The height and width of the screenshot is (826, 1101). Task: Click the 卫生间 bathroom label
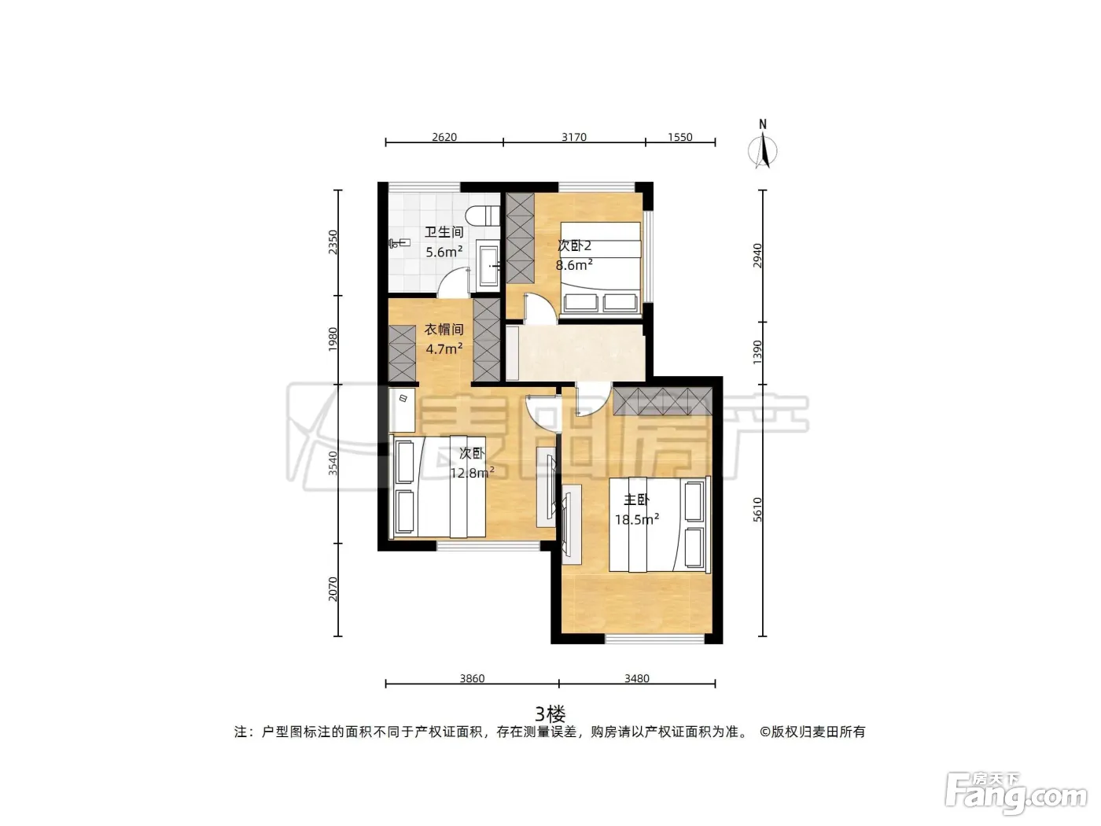pyautogui.click(x=444, y=232)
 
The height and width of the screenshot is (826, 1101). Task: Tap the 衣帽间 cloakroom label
pyautogui.click(x=444, y=330)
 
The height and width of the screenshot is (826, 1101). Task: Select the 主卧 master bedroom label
pyautogui.click(x=636, y=500)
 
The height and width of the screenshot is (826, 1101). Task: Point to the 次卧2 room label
pyautogui.click(x=574, y=245)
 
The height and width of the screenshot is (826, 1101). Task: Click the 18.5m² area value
pyautogui.click(x=636, y=519)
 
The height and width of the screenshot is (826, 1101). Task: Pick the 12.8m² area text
pyautogui.click(x=472, y=473)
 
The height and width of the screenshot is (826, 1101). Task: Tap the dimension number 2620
pyautogui.click(x=444, y=137)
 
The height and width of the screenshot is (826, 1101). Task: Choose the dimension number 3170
pyautogui.click(x=574, y=137)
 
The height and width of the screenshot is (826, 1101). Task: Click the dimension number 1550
pyautogui.click(x=679, y=137)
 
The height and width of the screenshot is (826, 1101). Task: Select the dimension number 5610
pyautogui.click(x=757, y=510)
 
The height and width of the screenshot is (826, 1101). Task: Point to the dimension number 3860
pyautogui.click(x=472, y=679)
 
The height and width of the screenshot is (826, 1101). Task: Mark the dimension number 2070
pyautogui.click(x=333, y=588)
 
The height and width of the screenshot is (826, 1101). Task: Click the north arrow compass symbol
pyautogui.click(x=763, y=145)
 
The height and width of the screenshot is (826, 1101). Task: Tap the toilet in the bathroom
pyautogui.click(x=483, y=216)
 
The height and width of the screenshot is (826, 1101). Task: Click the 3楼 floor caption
pyautogui.click(x=550, y=714)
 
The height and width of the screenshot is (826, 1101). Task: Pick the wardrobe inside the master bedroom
pyautogui.click(x=662, y=401)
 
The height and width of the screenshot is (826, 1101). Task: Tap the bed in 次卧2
pyautogui.click(x=600, y=269)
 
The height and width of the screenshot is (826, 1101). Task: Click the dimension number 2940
pyautogui.click(x=757, y=256)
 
